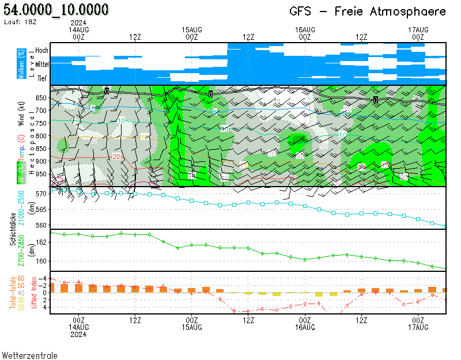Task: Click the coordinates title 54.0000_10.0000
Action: pyautogui.click(x=56, y=10)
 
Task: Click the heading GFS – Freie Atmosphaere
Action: pyautogui.click(x=368, y=12)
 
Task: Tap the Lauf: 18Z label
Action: pyautogui.click(x=20, y=22)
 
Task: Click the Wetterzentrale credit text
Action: pyautogui.click(x=30, y=355)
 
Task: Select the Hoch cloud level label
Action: pyautogui.click(x=41, y=51)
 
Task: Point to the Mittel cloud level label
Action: pyautogui.click(x=41, y=65)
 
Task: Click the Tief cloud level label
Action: pyautogui.click(x=42, y=79)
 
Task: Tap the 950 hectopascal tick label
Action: pyautogui.click(x=41, y=174)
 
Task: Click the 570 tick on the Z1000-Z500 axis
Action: pyautogui.click(x=41, y=194)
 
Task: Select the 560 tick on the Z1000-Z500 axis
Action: pyautogui.click(x=41, y=225)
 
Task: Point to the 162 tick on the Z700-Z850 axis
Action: pyautogui.click(x=41, y=242)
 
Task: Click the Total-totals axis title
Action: pyautogui.click(x=13, y=293)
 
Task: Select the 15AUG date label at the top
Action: pyautogui.click(x=192, y=29)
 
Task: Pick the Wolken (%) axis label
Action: pyautogui.click(x=21, y=64)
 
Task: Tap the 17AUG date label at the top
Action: pyautogui.click(x=418, y=29)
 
